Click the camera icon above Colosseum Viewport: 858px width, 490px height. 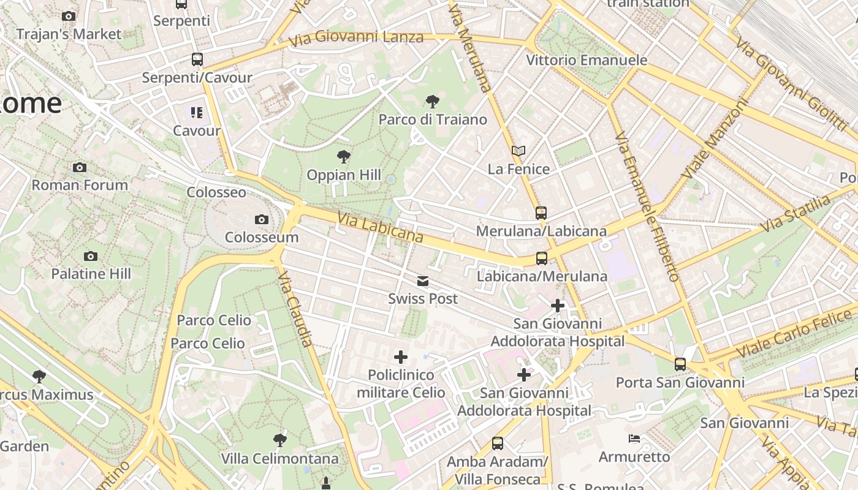click(262, 219)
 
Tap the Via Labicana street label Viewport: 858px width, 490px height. click(380, 227)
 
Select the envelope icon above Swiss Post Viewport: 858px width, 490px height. click(423, 281)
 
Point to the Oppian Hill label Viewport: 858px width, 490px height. click(344, 175)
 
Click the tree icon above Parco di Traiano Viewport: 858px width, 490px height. click(433, 102)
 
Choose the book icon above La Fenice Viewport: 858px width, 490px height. click(518, 151)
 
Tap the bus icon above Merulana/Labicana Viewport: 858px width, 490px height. click(541, 213)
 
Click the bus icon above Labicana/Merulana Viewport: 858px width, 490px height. click(542, 258)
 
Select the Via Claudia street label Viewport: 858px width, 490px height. click(295, 309)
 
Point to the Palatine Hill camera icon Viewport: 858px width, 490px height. click(91, 256)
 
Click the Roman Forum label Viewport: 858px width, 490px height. click(80, 185)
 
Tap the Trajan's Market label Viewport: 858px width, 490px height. click(69, 34)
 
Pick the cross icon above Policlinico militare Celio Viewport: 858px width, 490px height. click(401, 357)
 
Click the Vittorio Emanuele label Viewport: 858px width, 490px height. click(587, 60)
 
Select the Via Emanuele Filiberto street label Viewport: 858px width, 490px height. click(647, 206)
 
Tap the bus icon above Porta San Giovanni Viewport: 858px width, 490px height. click(680, 364)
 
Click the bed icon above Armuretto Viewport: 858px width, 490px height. click(634, 439)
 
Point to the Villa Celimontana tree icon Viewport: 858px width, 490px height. click(279, 440)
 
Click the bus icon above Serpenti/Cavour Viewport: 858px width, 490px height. click(197, 59)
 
